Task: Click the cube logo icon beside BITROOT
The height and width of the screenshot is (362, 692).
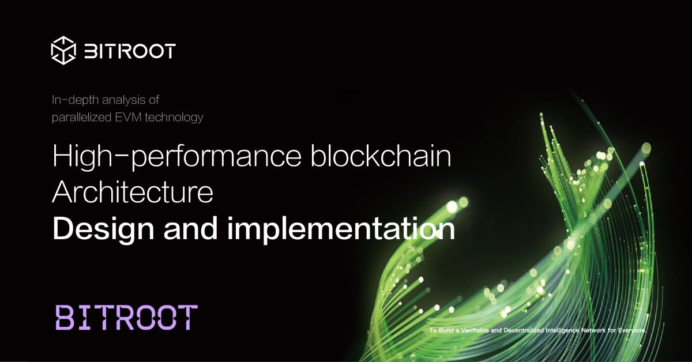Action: coord(63,50)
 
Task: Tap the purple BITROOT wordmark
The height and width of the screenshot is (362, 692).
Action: coord(126,318)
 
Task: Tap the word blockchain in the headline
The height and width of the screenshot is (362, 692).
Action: coord(381,157)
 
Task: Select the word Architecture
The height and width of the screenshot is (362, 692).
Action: coord(133,194)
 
